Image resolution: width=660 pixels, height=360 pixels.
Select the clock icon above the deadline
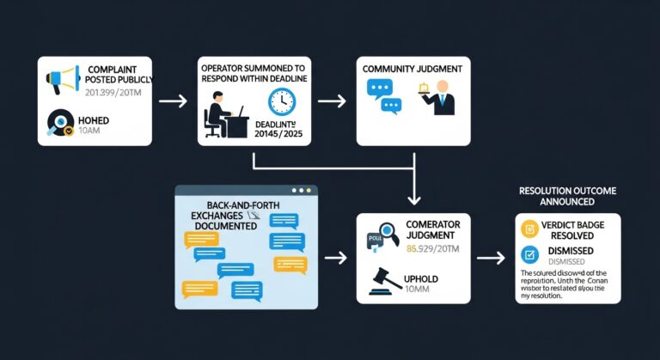point(281,102)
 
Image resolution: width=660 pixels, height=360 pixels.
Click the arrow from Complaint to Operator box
point(173,101)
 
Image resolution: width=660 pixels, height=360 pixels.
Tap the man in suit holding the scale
point(443,97)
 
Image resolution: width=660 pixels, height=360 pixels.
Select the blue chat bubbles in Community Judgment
point(384,95)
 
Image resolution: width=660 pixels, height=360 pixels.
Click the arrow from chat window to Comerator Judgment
point(335,257)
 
